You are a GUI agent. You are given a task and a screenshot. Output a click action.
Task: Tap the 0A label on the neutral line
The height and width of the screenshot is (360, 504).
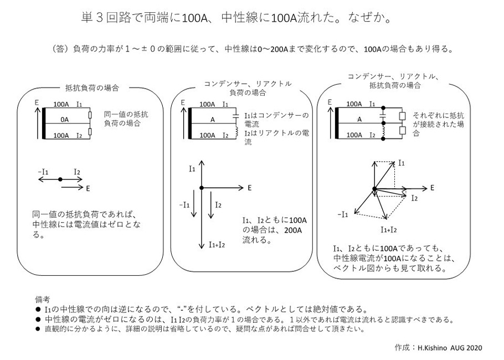tap(65, 119)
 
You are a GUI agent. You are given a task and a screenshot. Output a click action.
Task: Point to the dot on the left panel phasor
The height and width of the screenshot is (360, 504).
tap(59, 179)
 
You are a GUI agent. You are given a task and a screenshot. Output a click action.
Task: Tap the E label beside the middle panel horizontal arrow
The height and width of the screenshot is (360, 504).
tap(249, 188)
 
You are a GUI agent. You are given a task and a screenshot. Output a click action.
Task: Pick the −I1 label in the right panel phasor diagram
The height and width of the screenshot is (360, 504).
tap(343, 214)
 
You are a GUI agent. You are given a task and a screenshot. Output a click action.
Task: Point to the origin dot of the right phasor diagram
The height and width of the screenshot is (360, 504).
tap(375, 190)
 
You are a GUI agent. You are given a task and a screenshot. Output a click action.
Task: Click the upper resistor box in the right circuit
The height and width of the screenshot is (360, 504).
tap(403, 116)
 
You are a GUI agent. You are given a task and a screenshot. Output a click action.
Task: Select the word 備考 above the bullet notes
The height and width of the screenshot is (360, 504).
tap(42, 299)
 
